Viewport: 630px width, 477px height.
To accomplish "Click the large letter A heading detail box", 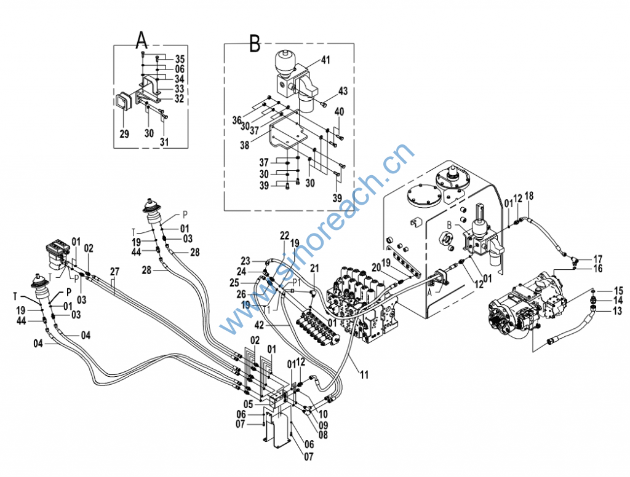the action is click(x=142, y=39).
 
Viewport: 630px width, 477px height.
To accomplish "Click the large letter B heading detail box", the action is click(x=255, y=43).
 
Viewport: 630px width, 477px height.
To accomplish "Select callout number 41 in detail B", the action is click(x=325, y=60).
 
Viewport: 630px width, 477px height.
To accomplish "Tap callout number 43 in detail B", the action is click(x=343, y=91).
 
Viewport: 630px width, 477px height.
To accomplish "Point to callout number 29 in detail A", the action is click(x=124, y=133).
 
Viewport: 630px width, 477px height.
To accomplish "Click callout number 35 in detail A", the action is click(x=180, y=59).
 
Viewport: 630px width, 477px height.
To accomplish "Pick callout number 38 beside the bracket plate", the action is click(x=245, y=145).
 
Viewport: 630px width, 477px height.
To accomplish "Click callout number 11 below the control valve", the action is click(x=364, y=374).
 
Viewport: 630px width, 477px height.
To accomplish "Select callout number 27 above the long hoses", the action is click(x=114, y=272).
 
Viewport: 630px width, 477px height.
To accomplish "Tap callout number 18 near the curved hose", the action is click(x=529, y=196).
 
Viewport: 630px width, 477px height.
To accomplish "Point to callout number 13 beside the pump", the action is click(x=618, y=310).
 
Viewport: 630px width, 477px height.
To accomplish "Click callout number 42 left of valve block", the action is click(x=260, y=325).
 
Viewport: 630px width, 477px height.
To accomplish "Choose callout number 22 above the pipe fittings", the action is click(x=284, y=235).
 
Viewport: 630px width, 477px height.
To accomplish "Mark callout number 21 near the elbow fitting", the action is click(x=314, y=268).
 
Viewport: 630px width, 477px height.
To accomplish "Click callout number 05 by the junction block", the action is click(x=249, y=404).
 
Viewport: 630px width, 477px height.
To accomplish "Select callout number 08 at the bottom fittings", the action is click(x=323, y=434).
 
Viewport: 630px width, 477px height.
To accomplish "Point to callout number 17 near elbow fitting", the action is click(x=598, y=259).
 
